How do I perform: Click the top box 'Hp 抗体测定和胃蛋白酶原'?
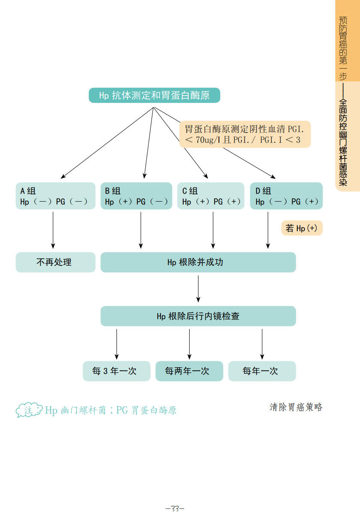coord(154,95)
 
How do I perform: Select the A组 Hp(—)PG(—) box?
coord(55,196)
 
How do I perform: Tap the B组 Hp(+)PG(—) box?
coord(136,196)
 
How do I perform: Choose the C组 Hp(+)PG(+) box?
coord(211,196)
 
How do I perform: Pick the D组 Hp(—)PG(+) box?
coord(286,196)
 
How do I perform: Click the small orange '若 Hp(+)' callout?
coord(302,228)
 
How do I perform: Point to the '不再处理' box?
coord(55,262)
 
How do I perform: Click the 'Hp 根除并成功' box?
coord(198,262)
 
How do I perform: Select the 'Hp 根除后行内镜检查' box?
coord(198,316)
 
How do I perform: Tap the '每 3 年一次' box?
coord(117,371)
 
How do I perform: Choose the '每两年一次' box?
coord(189,371)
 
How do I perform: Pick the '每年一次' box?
coord(262,371)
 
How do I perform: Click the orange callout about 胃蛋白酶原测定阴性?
coord(245,134)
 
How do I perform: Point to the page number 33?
coord(175,509)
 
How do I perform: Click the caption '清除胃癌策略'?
coord(296,407)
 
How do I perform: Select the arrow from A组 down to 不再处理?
coord(53,230)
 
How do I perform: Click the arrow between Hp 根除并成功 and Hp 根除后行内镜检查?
coord(198,289)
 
